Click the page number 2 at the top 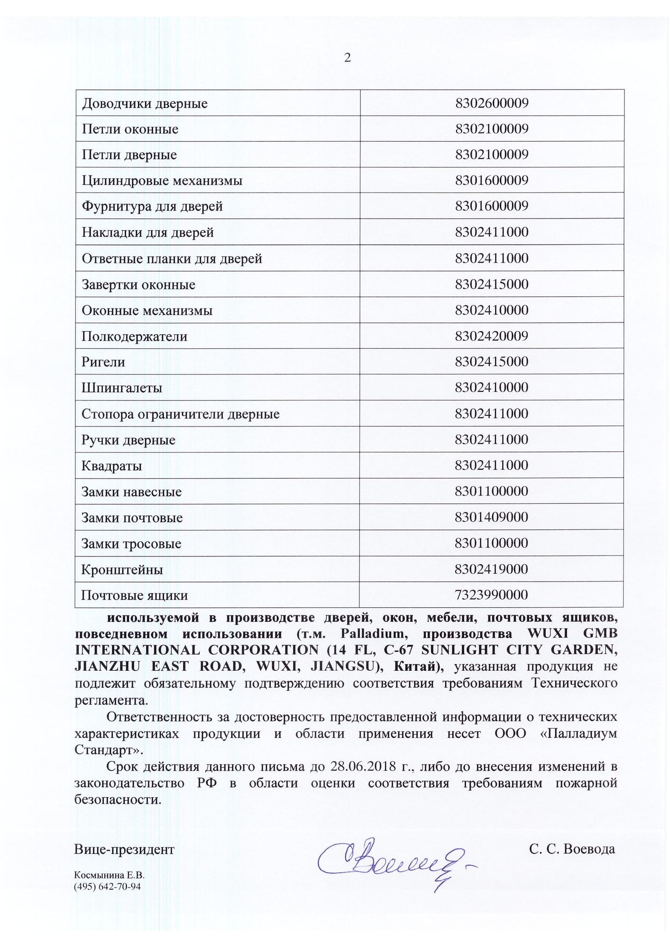[348, 58]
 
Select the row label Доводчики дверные [145, 103]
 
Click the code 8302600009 [491, 103]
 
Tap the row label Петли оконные [130, 129]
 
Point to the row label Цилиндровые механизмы [162, 181]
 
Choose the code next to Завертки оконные [491, 284]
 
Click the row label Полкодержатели [134, 337]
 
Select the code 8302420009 [491, 336]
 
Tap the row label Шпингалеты [122, 388]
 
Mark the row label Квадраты [111, 466]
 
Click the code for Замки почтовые [491, 517]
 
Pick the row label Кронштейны [122, 569]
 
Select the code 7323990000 [491, 595]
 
